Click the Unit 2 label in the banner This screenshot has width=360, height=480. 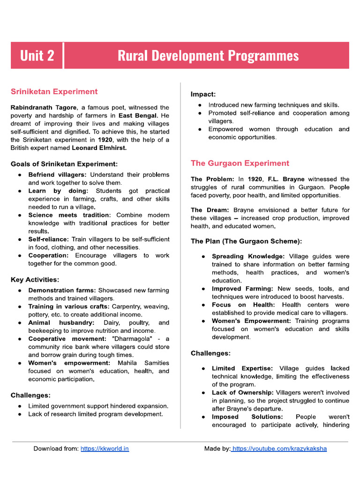click(37, 56)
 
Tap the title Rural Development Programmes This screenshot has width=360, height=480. click(208, 56)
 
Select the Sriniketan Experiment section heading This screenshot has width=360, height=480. click(54, 91)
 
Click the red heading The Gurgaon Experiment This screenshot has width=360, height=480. click(240, 163)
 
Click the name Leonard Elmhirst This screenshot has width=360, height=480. click(99, 148)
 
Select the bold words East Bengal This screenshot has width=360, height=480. click(137, 115)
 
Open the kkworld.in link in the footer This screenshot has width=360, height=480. click(105, 449)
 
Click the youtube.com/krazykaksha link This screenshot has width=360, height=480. click(279, 449)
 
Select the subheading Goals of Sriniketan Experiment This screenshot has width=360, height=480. click(64, 164)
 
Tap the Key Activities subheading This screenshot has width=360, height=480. click(35, 280)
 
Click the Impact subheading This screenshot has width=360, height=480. click(203, 94)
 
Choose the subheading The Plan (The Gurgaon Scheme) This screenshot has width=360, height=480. click(246, 241)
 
